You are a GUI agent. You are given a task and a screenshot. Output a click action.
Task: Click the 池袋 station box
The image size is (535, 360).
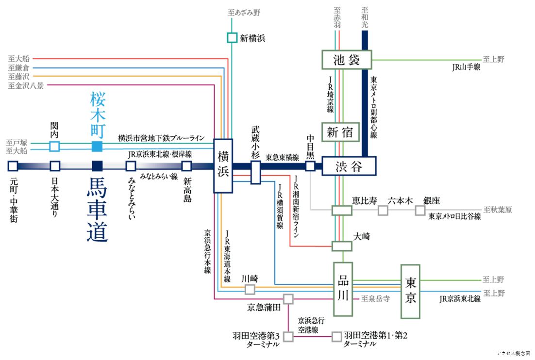tap(347, 60)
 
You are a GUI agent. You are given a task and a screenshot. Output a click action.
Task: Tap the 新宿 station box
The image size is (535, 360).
tap(340, 131)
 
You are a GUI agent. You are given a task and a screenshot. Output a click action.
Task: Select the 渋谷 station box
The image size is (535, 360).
tap(349, 166)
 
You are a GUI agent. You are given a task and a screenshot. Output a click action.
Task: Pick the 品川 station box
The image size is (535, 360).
tap(343, 289)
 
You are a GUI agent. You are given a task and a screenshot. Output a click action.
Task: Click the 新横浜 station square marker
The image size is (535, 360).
tap(232, 37)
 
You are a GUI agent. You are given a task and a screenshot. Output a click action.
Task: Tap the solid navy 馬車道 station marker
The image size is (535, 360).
tap(97, 166)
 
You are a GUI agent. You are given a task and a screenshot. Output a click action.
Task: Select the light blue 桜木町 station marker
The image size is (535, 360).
tap(97, 146)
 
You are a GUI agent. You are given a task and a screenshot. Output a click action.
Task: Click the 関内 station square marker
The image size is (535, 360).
tap(55, 146)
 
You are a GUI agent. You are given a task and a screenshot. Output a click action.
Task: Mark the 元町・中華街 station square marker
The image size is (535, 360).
tap(13, 166)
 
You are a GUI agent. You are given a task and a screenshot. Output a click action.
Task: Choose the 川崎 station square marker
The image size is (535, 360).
tap(250, 289)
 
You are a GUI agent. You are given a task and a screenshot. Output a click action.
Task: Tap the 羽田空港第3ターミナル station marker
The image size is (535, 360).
tap(288, 336)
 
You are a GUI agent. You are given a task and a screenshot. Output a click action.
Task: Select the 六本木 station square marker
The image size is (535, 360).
tap(383, 210)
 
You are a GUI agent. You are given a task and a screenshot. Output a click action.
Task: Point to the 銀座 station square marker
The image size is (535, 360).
tap(420, 210)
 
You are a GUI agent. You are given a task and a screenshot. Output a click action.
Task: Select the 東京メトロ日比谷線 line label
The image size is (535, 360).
tap(454, 217)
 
